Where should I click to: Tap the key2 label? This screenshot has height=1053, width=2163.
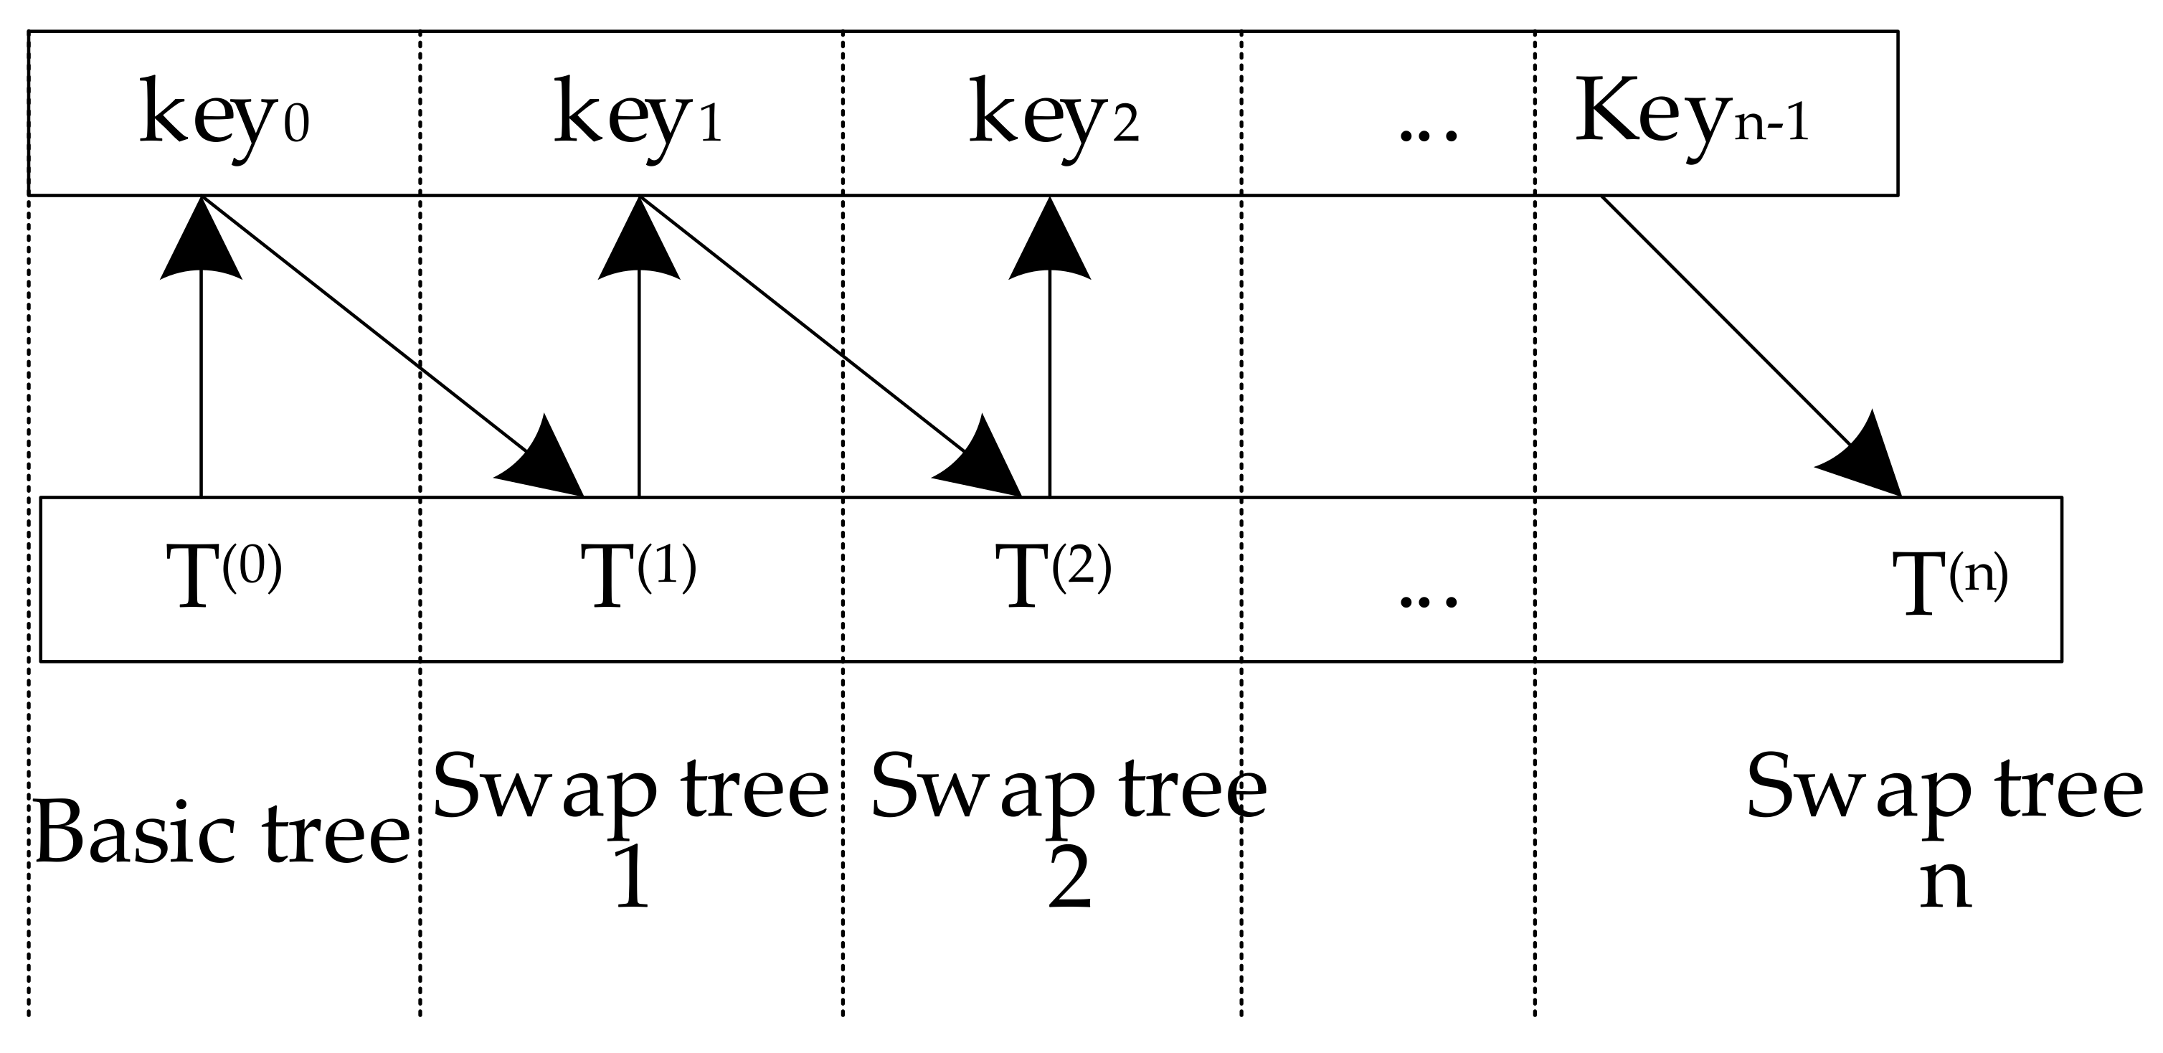(x=1053, y=116)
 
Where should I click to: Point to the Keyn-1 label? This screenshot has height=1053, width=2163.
(x=1690, y=116)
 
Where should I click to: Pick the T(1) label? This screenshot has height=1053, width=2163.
(x=638, y=575)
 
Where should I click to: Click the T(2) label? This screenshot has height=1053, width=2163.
(x=1053, y=575)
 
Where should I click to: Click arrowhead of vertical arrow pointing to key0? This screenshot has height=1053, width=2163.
(x=202, y=243)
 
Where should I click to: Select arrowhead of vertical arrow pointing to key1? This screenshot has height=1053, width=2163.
(x=639, y=243)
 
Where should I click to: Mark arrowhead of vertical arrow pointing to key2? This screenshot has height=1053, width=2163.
(x=1050, y=243)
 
